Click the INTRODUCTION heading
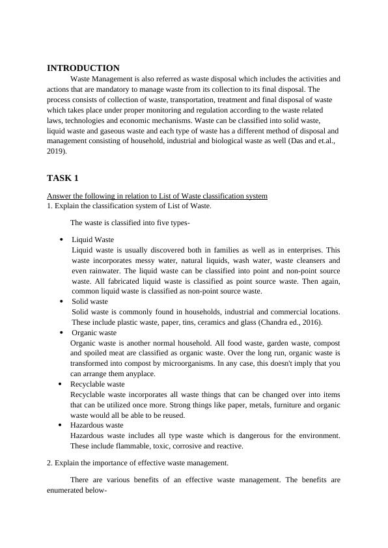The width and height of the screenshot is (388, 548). pyautogui.click(x=83, y=68)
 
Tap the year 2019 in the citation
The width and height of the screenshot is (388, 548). pyautogui.click(x=57, y=150)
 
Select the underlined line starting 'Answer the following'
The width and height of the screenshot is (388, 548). pyautogui.click(x=157, y=196)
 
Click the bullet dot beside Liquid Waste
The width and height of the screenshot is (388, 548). pyautogui.click(x=61, y=240)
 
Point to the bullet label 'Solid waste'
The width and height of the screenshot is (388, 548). pyautogui.click(x=90, y=301)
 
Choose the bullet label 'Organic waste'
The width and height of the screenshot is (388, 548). pyautogui.click(x=94, y=333)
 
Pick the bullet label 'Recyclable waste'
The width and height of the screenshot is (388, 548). pyautogui.click(x=98, y=384)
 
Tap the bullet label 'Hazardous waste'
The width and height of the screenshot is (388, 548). pyautogui.click(x=97, y=425)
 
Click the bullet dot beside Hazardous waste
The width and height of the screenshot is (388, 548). pyautogui.click(x=61, y=425)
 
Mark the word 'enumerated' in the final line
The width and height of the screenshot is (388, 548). pyautogui.click(x=68, y=491)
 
